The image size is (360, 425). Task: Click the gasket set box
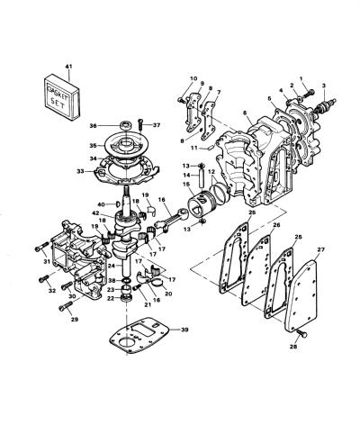pyautogui.click(x=62, y=96)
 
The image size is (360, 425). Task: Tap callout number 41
pyautogui.click(x=68, y=67)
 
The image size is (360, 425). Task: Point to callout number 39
pyautogui.click(x=184, y=330)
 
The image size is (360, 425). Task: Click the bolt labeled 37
pyautogui.click(x=140, y=124)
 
